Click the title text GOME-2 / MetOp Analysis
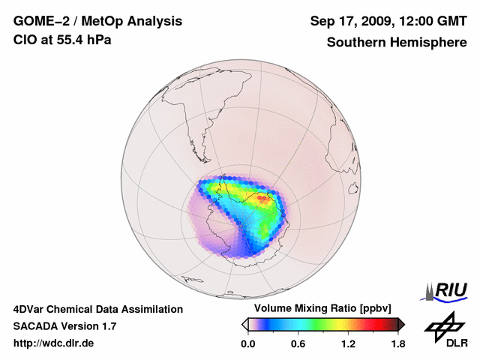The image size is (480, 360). click(97, 21)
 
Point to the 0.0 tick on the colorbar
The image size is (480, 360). click(248, 344)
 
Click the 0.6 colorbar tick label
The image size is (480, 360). click(298, 344)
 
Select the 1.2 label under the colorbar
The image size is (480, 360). click(348, 344)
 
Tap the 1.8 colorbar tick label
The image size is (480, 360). click(397, 344)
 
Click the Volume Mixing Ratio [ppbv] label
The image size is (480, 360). click(323, 308)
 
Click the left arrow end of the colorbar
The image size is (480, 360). click(244, 324)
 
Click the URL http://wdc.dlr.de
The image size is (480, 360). click(55, 343)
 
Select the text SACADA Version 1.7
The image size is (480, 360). click(64, 326)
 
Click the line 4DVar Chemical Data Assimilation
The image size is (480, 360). click(97, 309)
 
